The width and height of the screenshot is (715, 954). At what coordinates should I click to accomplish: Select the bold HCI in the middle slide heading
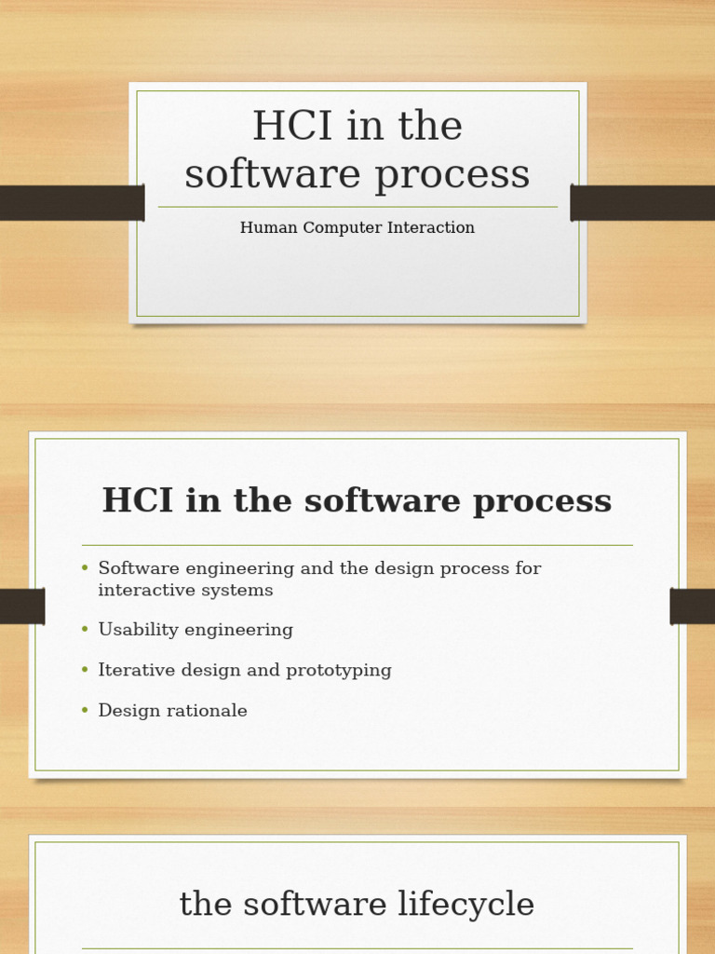(x=138, y=501)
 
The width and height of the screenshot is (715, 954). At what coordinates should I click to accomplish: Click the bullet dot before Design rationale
(x=85, y=711)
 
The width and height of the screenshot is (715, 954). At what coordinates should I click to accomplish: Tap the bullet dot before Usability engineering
(x=85, y=630)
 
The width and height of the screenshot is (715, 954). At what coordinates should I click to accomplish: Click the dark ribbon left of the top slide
(x=71, y=203)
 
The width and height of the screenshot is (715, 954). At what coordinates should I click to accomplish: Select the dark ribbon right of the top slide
(x=642, y=203)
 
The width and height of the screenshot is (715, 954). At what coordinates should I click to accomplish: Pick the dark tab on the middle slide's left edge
(x=22, y=606)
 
